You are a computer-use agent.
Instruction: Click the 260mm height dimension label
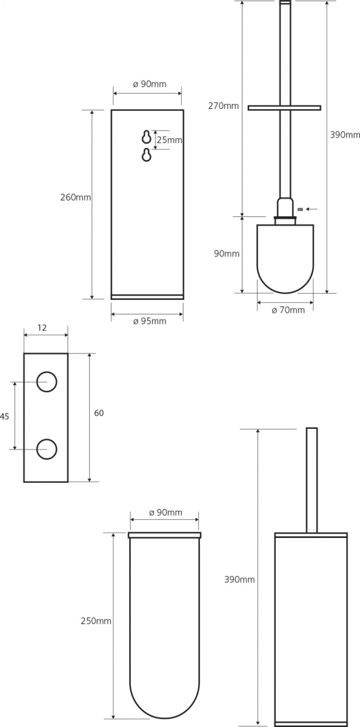(76, 198)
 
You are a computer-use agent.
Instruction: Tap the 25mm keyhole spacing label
(169, 140)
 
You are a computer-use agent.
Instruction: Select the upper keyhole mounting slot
(147, 137)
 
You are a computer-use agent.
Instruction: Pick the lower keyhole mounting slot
(147, 155)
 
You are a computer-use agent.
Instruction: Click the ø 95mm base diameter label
(150, 321)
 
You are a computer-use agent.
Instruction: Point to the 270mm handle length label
(224, 106)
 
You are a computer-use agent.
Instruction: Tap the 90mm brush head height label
(227, 254)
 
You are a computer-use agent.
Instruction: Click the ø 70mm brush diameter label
(288, 310)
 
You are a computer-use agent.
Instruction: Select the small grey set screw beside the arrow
(300, 210)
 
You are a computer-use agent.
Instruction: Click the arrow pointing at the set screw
(312, 210)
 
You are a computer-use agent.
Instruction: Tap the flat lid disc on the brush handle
(284, 108)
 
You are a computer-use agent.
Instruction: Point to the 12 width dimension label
(42, 328)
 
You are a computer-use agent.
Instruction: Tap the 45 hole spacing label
(4, 416)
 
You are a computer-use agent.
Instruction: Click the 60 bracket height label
(99, 413)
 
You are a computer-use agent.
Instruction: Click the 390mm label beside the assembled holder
(239, 580)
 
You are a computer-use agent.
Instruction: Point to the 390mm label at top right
(345, 135)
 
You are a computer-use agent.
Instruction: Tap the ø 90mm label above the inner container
(165, 513)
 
